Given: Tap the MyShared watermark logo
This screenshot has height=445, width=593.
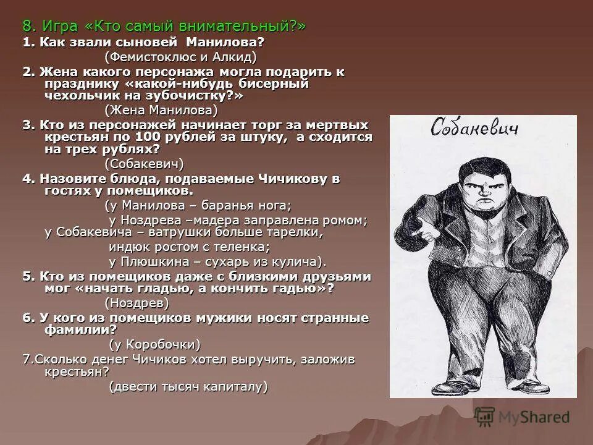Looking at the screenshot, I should tap(522, 417).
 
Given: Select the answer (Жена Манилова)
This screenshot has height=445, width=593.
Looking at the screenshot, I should tap(161, 110).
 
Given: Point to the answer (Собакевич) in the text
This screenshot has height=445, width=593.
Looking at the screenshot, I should tap(144, 164).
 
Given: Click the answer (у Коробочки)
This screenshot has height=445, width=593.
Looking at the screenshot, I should tap(154, 344).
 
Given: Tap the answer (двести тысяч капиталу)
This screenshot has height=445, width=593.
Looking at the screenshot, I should tap(188, 387).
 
